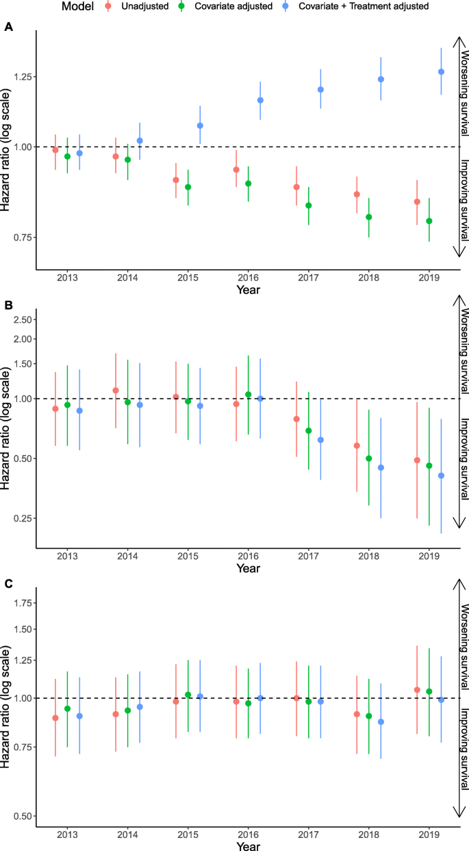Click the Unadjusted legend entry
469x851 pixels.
click(x=146, y=7)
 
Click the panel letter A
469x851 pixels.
click(x=8, y=28)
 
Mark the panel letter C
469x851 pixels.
click(x=8, y=584)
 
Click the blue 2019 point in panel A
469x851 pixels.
click(x=441, y=72)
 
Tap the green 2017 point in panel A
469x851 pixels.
click(x=309, y=206)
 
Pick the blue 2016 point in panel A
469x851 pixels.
click(x=260, y=100)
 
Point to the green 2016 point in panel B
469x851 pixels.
click(x=249, y=395)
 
